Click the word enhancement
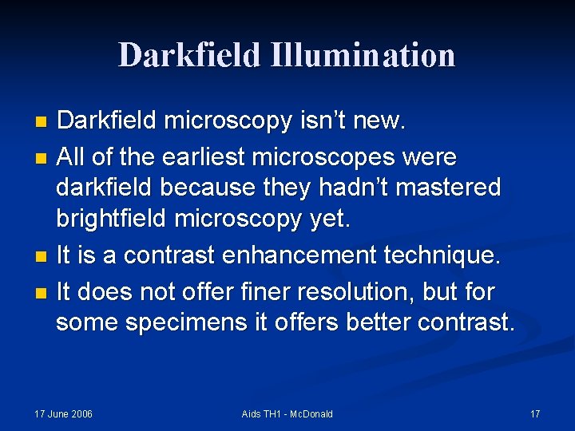point(310,255)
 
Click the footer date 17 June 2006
point(63,413)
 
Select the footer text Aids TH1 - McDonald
point(287,413)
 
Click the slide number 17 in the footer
point(535,413)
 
